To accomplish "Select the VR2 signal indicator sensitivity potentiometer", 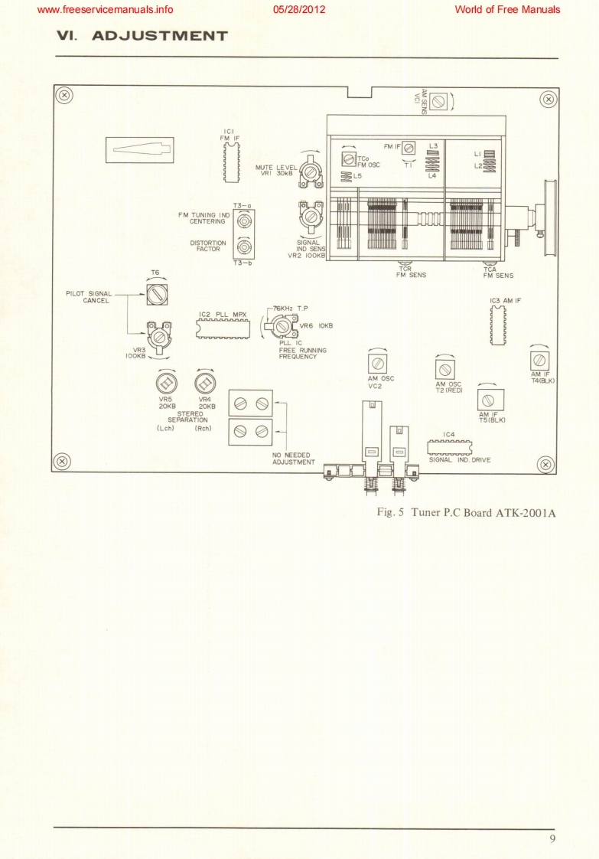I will pyautogui.click(x=311, y=217).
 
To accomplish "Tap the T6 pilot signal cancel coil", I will pyautogui.click(x=156, y=292).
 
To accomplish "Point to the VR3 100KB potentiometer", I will pyautogui.click(x=158, y=336).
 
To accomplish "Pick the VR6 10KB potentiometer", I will pyautogui.click(x=282, y=327).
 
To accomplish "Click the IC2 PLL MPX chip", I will pyautogui.click(x=223, y=327).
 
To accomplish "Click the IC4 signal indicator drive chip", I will pyautogui.click(x=448, y=447).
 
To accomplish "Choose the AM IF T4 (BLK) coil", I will pyautogui.click(x=539, y=359).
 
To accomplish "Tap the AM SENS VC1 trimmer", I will pyautogui.click(x=439, y=102).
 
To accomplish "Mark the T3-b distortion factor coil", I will pyautogui.click(x=244, y=247).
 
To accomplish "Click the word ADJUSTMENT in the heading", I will pyautogui.click(x=160, y=36).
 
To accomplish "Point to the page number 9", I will pyautogui.click(x=552, y=839).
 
